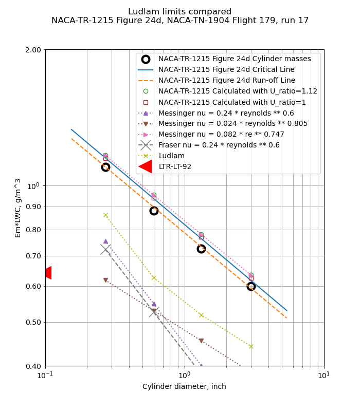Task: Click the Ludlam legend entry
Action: click(x=171, y=156)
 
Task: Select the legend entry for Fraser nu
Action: click(x=219, y=145)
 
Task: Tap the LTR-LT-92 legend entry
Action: click(x=175, y=166)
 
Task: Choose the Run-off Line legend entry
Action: click(x=226, y=80)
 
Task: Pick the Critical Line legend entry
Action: click(x=226, y=69)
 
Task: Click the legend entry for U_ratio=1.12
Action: click(x=238, y=91)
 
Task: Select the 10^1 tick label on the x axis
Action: click(x=323, y=375)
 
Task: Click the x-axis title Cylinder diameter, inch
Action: click(x=184, y=386)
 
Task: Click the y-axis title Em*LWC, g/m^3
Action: click(x=18, y=208)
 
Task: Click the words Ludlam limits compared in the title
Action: click(x=179, y=12)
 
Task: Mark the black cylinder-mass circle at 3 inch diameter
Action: click(x=251, y=286)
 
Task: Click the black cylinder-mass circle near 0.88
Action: click(x=154, y=211)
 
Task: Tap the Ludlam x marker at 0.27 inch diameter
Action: click(x=105, y=215)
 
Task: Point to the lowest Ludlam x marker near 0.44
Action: click(x=251, y=346)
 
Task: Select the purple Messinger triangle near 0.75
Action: click(x=105, y=241)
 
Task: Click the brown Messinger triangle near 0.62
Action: click(x=105, y=280)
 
